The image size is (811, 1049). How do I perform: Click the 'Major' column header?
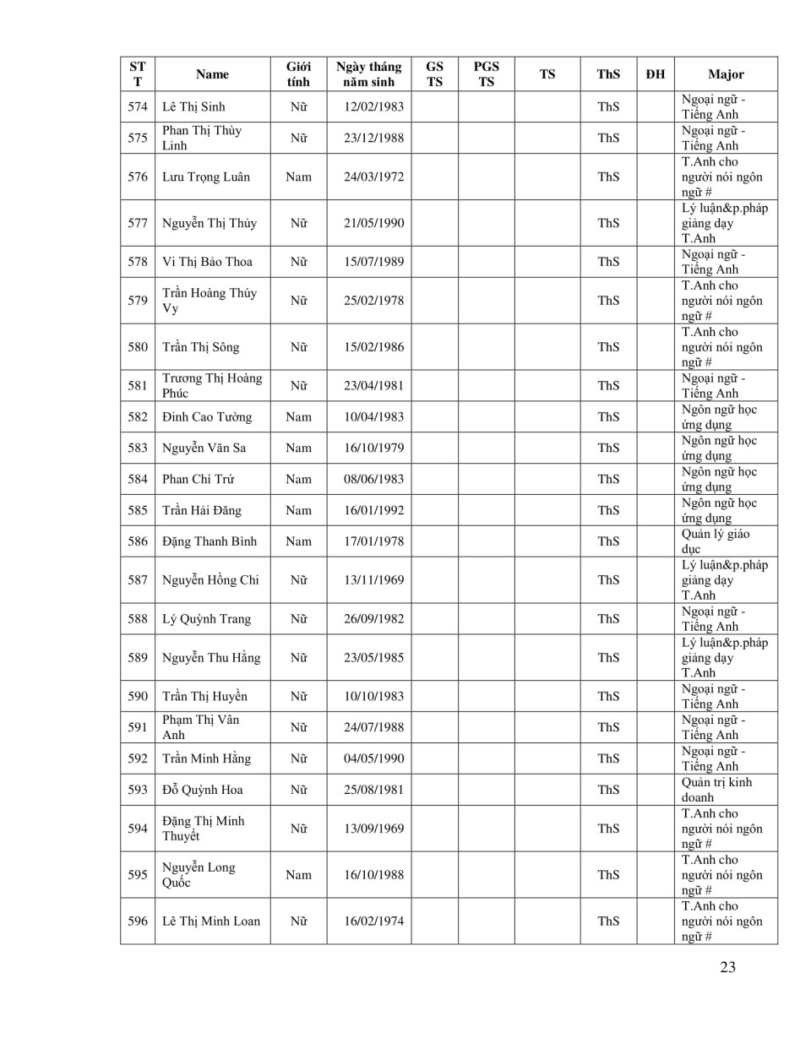(726, 74)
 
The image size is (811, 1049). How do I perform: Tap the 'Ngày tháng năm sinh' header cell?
(368, 74)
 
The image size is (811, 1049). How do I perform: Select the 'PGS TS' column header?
(486, 74)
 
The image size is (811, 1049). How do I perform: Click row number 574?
(138, 106)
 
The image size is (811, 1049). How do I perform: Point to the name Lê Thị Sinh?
(193, 106)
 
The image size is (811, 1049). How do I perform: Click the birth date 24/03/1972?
(373, 177)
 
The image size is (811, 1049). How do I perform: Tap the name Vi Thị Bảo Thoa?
(207, 262)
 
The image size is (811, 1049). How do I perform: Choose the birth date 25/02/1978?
(373, 301)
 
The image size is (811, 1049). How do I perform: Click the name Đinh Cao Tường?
(207, 417)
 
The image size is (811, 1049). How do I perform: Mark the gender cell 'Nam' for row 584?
(298, 479)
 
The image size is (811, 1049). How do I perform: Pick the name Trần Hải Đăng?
(202, 510)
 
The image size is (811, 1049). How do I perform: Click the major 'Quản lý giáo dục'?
(715, 541)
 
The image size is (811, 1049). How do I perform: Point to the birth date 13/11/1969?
(373, 580)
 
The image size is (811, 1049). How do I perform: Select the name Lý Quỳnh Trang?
(206, 619)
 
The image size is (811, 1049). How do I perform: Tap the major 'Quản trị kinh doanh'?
(716, 790)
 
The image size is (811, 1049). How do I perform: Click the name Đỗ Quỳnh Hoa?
(203, 790)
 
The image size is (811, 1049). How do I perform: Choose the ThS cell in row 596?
(608, 921)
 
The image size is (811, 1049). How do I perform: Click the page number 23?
(727, 967)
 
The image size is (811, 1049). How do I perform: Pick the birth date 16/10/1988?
(373, 875)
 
